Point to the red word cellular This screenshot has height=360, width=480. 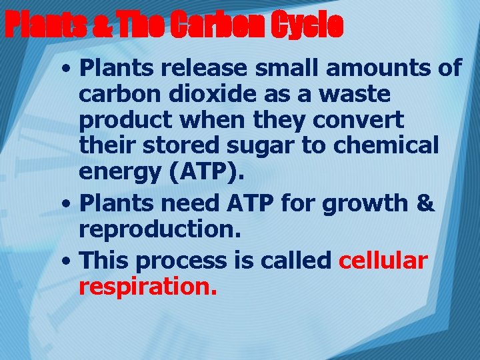point(383,261)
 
